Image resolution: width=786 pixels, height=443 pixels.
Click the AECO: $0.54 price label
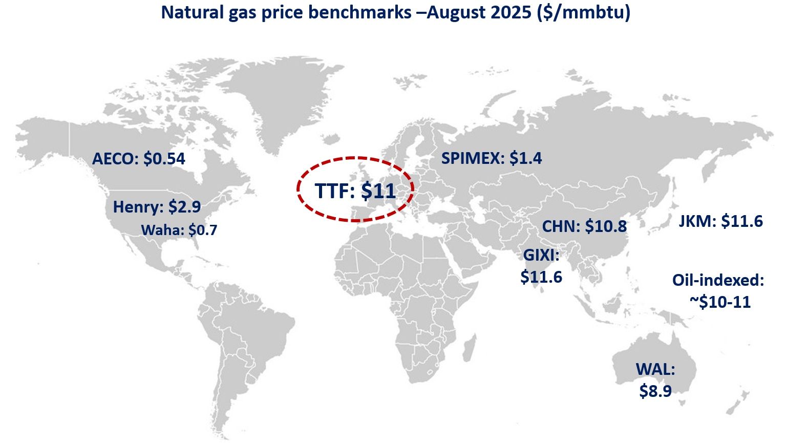[138, 159]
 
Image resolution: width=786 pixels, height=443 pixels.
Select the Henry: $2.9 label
[157, 207]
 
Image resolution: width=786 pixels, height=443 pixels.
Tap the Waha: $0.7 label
[179, 230]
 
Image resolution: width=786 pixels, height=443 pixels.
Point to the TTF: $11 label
[355, 191]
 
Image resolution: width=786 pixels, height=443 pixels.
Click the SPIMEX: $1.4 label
[492, 158]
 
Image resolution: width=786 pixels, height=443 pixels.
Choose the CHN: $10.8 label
[584, 226]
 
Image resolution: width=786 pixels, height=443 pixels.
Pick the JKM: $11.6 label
[720, 221]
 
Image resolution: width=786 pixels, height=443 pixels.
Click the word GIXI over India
[541, 255]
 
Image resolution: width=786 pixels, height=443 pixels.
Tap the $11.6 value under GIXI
[541, 277]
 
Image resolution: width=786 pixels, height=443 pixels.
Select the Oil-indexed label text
[718, 280]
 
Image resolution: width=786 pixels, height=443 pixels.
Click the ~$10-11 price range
[719, 302]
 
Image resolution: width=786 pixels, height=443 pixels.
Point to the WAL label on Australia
[655, 369]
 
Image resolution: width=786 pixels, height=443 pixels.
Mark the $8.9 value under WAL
[655, 391]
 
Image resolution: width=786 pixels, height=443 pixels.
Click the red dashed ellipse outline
[299, 189]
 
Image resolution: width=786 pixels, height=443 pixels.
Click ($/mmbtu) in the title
[583, 12]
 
